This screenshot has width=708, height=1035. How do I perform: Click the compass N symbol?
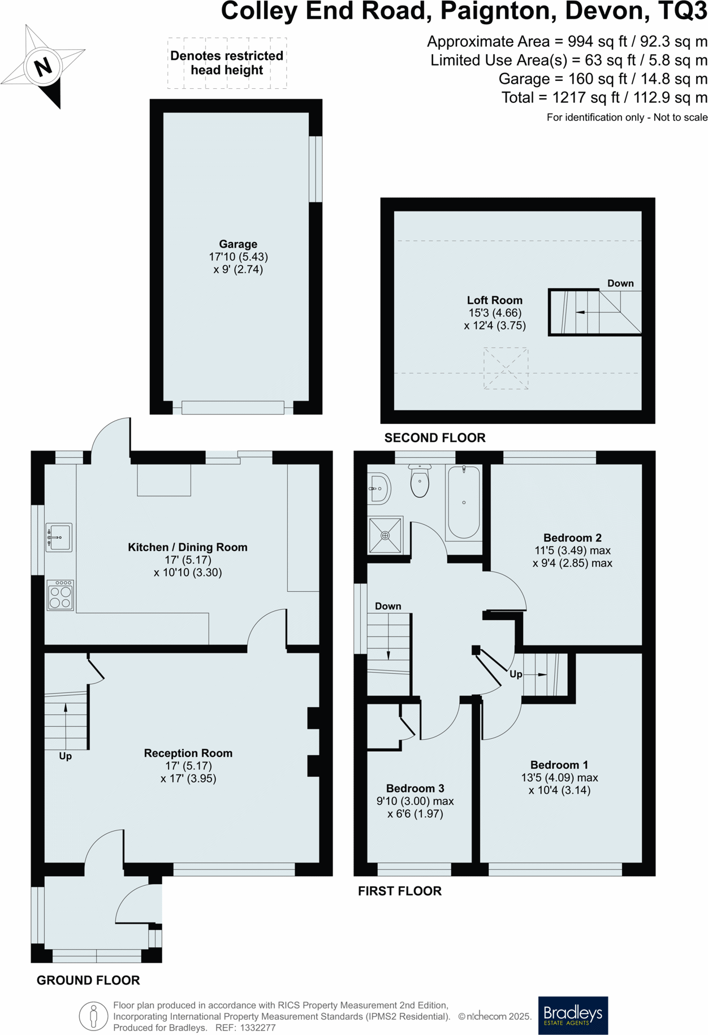click(43, 67)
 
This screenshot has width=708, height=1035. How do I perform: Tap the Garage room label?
click(238, 244)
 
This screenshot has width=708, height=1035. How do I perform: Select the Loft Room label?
click(494, 300)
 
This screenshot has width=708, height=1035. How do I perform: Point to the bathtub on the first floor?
click(464, 502)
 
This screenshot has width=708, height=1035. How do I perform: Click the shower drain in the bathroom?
click(385, 535)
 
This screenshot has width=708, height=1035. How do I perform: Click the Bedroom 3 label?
click(415, 788)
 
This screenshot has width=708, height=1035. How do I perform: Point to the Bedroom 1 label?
click(559, 765)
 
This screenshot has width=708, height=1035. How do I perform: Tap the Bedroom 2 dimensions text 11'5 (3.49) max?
click(572, 551)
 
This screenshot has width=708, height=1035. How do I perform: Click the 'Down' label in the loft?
click(620, 283)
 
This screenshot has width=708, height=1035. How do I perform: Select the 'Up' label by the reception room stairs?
click(66, 756)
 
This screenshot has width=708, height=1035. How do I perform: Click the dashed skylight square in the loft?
click(506, 369)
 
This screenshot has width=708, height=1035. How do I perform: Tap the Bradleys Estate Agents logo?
click(572, 1015)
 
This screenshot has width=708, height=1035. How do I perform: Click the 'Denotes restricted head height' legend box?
click(227, 63)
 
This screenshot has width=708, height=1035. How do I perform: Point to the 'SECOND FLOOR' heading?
click(435, 438)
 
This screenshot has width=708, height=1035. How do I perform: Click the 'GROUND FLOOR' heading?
click(88, 980)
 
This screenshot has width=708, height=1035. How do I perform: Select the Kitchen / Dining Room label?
click(188, 547)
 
